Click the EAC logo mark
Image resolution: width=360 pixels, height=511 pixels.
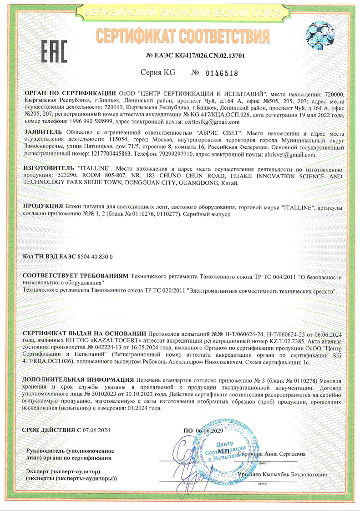54,51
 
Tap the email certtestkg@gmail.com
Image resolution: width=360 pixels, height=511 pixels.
211,122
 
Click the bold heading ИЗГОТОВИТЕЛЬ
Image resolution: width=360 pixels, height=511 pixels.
49,168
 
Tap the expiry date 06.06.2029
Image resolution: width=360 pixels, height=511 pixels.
210,430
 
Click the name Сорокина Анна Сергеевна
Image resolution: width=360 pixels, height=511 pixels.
273,454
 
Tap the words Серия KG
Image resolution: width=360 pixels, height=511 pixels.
157,73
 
